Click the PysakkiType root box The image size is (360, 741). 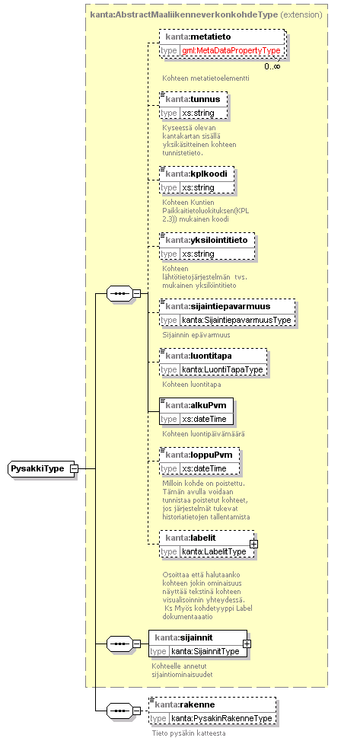(x=42, y=468)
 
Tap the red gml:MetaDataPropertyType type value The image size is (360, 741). (x=231, y=50)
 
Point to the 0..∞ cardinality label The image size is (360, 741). (x=272, y=66)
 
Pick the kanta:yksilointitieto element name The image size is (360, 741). (x=206, y=240)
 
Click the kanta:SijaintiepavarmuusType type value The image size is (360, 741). (x=236, y=320)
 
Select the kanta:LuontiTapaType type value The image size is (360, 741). (x=222, y=369)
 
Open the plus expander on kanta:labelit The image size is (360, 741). (x=253, y=544)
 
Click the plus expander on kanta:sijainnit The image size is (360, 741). (x=247, y=644)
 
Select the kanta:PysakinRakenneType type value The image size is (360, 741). (x=221, y=718)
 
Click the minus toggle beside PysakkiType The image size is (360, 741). (x=74, y=468)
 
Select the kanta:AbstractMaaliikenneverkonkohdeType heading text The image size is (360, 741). (x=183, y=14)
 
